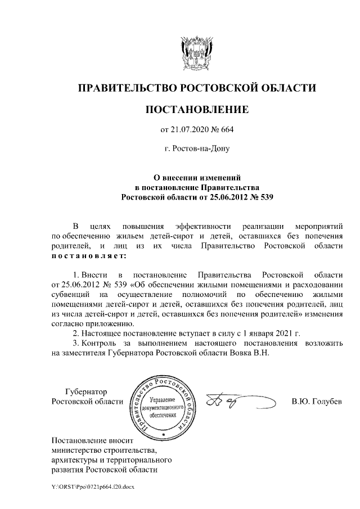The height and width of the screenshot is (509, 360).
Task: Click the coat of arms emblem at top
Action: coord(196,52)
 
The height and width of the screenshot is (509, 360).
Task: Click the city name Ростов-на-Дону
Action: coord(196,150)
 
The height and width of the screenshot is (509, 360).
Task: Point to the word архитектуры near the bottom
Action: coord(73,461)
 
